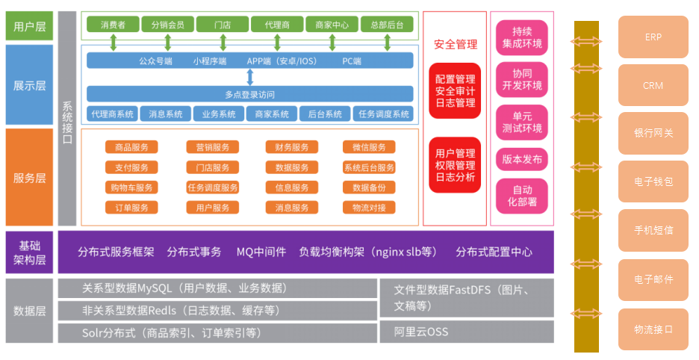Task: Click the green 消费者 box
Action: click(112, 25)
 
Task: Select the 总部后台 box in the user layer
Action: click(387, 25)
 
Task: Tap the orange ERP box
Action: click(653, 37)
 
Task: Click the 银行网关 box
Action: click(653, 133)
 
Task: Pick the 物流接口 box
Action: click(653, 329)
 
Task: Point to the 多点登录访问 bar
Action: click(249, 94)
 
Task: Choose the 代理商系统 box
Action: click(112, 114)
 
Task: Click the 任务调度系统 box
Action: click(384, 114)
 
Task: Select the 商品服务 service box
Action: click(131, 147)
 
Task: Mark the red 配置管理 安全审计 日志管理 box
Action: click(455, 90)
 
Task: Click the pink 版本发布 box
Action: click(522, 159)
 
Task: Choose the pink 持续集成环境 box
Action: click(522, 38)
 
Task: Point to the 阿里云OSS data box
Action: click(467, 331)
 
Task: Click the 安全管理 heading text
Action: click(455, 45)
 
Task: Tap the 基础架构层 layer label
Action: click(30, 252)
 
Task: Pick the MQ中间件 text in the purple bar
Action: click(261, 252)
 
